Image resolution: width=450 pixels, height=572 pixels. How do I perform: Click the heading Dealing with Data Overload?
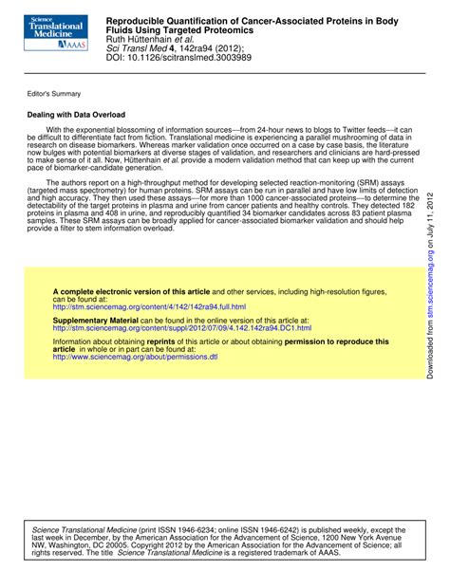pos(76,115)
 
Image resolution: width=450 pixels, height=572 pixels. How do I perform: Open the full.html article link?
pos(149,281)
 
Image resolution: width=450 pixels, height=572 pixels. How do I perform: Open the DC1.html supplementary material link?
pos(181,302)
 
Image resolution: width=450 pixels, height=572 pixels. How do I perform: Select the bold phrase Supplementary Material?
pos(96,294)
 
